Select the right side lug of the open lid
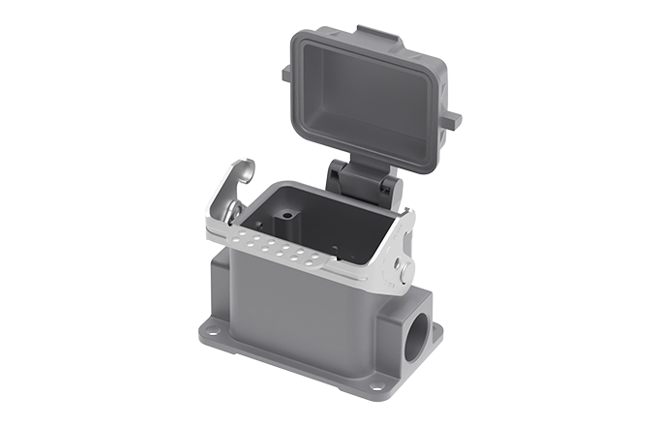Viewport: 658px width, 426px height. click(451, 119)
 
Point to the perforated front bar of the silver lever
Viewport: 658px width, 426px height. click(290, 254)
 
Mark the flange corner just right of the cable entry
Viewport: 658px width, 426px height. click(433, 333)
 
